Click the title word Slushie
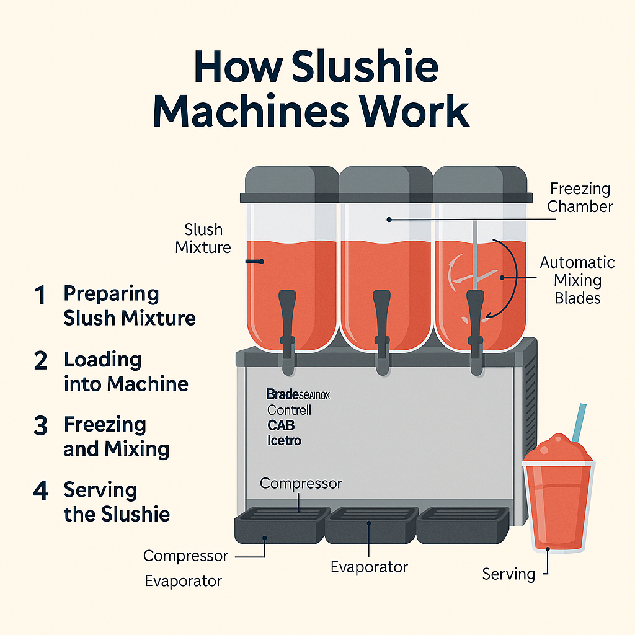tap(365, 68)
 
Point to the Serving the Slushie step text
tap(117, 502)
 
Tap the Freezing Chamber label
tap(579, 197)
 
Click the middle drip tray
tap(370, 525)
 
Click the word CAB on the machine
tap(281, 425)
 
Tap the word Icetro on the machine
tap(284, 441)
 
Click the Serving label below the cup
tap(508, 574)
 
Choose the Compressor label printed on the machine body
tap(301, 483)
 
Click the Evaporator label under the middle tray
tap(369, 566)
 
